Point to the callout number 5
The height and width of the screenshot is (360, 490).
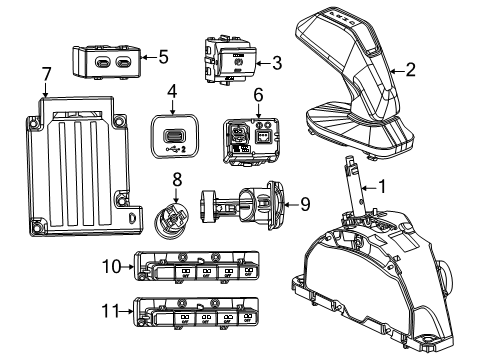(x=163, y=57)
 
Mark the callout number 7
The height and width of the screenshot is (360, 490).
(x=44, y=73)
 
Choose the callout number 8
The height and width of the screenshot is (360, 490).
(x=176, y=181)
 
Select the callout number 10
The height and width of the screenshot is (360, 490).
(x=110, y=266)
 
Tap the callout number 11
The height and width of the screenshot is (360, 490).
(x=110, y=313)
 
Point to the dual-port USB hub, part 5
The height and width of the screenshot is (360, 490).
(x=110, y=62)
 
